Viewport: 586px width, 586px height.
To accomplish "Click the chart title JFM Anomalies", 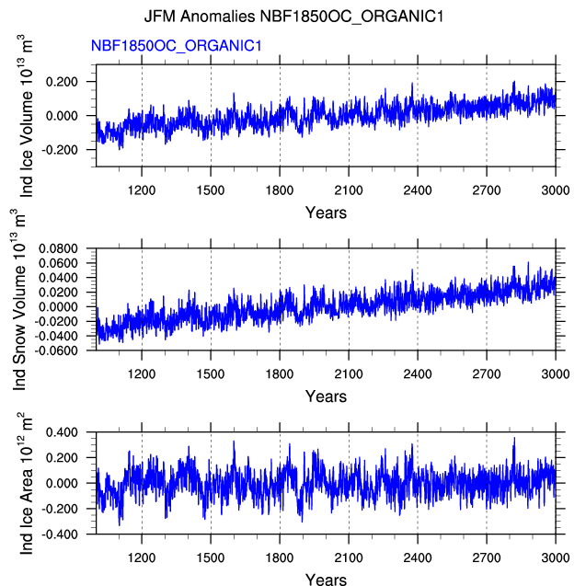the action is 200,17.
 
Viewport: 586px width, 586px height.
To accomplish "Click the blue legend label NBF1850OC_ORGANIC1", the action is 176,46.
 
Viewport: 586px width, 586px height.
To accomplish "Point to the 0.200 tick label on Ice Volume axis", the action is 62,82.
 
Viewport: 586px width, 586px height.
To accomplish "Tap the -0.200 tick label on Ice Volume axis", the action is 60,150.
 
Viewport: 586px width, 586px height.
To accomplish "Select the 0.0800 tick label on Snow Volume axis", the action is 58,248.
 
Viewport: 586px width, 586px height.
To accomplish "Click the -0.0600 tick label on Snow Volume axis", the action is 56,350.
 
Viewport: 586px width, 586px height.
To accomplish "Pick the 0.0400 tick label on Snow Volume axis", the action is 58,278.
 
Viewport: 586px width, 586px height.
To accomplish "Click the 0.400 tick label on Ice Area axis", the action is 62,432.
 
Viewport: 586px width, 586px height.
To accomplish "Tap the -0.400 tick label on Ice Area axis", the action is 60,534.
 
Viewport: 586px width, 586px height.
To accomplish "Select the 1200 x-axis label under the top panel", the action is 142,190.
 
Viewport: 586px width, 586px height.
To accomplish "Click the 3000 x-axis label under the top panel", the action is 556,190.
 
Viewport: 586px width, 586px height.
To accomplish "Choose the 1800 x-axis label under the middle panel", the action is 280,374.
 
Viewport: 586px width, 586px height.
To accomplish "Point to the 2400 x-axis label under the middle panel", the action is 418,374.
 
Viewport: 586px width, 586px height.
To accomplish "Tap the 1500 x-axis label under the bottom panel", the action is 211,558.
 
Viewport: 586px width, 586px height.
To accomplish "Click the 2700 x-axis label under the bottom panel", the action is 487,558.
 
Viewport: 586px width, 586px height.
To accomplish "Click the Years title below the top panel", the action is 326,213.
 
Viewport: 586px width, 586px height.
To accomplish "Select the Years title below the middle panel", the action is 326,396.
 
